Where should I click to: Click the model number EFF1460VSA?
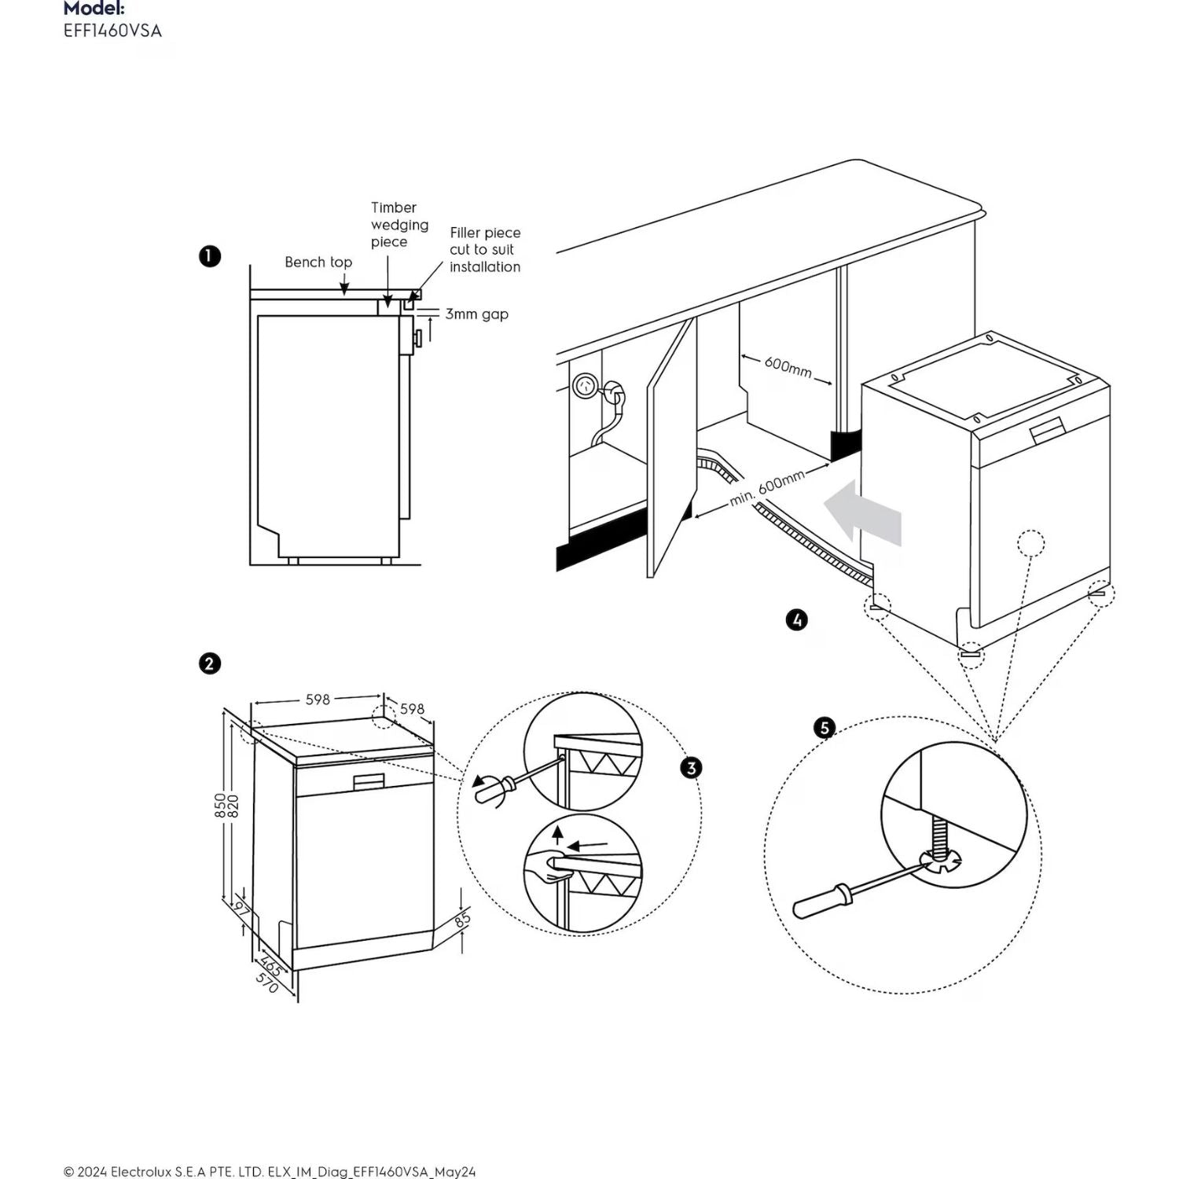(x=112, y=31)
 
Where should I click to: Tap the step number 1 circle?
(x=210, y=256)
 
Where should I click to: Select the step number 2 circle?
(x=209, y=663)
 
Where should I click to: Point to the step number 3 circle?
(x=691, y=767)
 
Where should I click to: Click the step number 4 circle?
(x=796, y=620)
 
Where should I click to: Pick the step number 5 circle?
(x=825, y=728)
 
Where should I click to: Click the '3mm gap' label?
(x=476, y=314)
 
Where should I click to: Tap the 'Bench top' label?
(x=318, y=262)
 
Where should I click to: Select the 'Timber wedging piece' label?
(x=399, y=225)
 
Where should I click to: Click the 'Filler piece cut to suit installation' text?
(x=485, y=250)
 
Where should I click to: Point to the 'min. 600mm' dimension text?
(x=767, y=488)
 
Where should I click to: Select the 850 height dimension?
(x=220, y=805)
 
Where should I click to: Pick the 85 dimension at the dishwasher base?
(x=462, y=917)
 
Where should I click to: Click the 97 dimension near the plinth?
(x=242, y=912)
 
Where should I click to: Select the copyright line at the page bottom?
(x=270, y=1171)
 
